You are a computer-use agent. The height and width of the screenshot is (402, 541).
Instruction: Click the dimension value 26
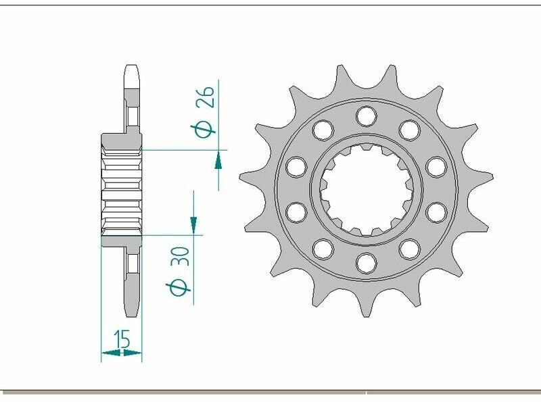click(205, 97)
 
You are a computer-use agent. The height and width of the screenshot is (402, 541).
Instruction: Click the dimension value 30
click(181, 256)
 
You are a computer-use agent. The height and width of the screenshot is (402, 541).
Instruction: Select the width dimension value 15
click(122, 339)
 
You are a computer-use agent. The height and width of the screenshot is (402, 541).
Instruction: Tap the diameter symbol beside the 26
click(204, 130)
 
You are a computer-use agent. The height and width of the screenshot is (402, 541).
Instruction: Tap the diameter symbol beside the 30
click(178, 288)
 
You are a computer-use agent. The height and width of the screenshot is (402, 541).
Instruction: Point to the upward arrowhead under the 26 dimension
click(218, 161)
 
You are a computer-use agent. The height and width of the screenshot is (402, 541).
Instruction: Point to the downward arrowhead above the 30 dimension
click(193, 224)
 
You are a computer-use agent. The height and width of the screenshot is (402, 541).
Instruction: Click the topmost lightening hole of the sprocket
click(366, 116)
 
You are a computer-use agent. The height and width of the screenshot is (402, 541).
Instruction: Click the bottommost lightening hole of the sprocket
click(367, 263)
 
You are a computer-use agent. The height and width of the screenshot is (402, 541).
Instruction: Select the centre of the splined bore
click(367, 189)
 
